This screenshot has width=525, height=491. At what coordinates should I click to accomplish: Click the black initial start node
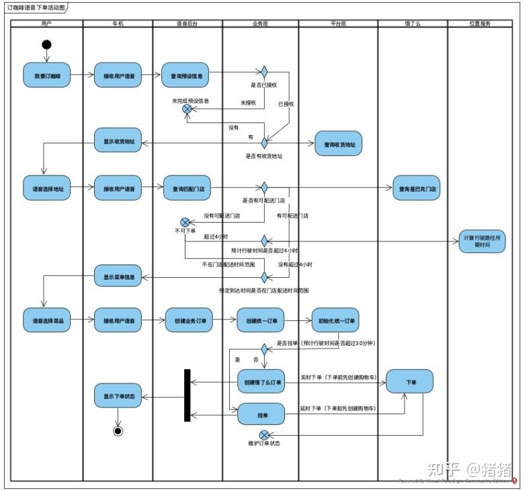[x=46, y=45]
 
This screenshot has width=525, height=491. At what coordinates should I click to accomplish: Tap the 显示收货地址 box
[x=118, y=141]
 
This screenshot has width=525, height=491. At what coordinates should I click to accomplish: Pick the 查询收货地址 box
[x=338, y=143]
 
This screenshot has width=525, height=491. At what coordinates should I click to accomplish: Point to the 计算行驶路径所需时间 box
[x=482, y=240]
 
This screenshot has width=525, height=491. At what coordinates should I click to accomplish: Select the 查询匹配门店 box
[x=187, y=189]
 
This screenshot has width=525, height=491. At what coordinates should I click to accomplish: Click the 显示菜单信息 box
[x=118, y=276]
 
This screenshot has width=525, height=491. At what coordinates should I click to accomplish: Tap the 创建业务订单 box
[x=189, y=320]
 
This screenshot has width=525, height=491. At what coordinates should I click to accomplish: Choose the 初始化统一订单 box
[x=335, y=320]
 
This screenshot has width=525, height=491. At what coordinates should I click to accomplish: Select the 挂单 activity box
[x=261, y=414]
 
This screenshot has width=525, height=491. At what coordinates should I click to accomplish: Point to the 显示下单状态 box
[x=118, y=396]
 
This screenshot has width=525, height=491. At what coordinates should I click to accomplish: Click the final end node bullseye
[x=118, y=431]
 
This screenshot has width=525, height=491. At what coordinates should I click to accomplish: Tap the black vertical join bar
[x=188, y=395]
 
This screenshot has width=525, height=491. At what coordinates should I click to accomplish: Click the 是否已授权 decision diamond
[x=264, y=72]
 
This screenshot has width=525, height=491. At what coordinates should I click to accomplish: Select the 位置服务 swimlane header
[x=479, y=24]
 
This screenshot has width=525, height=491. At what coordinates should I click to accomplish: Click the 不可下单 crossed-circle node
[x=185, y=221]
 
